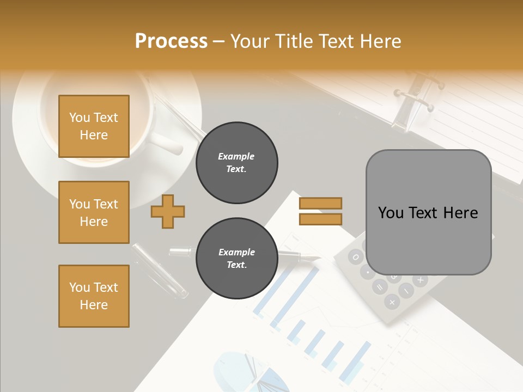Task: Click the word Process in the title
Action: pos(171,41)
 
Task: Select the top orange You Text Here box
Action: pos(94,126)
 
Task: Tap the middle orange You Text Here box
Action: pos(94,212)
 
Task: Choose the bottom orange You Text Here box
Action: pos(94,296)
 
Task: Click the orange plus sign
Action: pos(168,211)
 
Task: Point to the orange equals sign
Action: pos(320,211)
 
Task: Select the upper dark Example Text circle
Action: pos(236,163)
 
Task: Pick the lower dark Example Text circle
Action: pos(236,259)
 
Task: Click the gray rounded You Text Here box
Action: pos(428,212)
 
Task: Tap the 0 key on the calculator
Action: pos(355,256)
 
